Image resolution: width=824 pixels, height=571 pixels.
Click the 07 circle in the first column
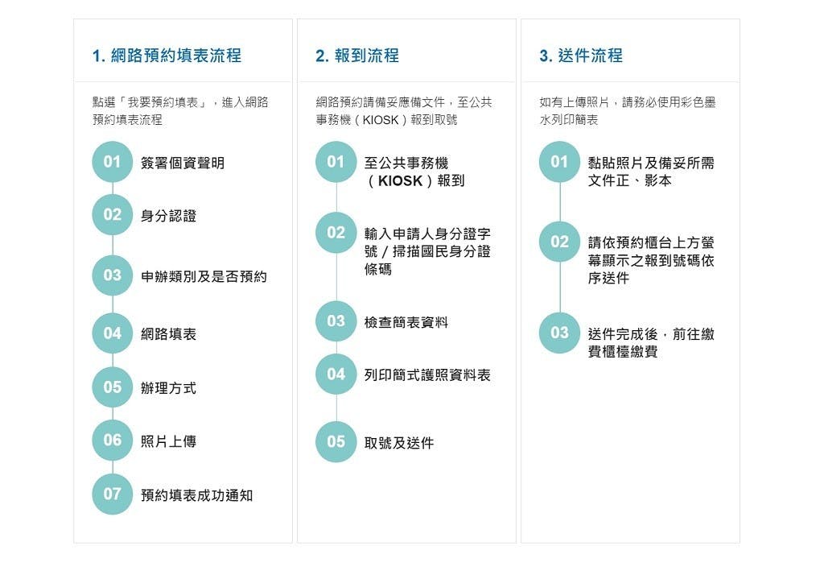click(113, 494)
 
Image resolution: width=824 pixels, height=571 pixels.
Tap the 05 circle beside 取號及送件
click(336, 441)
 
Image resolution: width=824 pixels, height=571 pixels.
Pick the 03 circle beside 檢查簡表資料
click(336, 321)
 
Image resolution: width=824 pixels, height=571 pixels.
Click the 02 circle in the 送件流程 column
click(560, 242)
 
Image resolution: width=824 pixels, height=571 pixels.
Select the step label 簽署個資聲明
click(183, 163)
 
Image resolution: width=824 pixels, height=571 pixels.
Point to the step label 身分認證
click(168, 216)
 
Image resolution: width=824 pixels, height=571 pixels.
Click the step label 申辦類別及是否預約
click(204, 276)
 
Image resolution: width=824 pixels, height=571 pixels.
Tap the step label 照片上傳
click(168, 441)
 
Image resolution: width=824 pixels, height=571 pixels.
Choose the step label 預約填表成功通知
click(196, 495)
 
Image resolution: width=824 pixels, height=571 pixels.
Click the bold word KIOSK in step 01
click(401, 181)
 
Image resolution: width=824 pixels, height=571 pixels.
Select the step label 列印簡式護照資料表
click(427, 374)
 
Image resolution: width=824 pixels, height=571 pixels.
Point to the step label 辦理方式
click(168, 388)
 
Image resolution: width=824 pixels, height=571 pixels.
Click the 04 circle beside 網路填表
click(113, 333)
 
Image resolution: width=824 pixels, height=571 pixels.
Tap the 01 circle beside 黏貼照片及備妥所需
click(560, 161)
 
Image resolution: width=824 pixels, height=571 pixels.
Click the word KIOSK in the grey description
click(381, 120)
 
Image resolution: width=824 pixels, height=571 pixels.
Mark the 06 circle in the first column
click(113, 440)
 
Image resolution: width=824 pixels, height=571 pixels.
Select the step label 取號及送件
click(399, 443)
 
